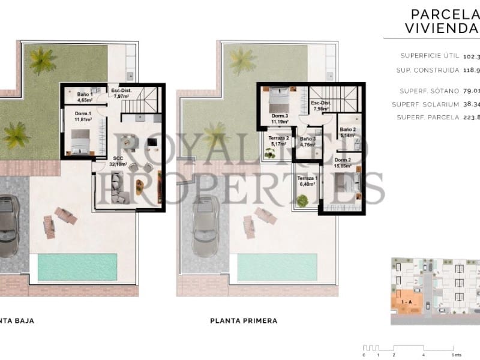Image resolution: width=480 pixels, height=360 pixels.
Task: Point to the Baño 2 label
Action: click(348, 133)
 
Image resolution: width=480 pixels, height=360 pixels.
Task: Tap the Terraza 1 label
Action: click(307, 181)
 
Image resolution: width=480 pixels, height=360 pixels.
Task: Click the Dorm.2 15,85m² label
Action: click(343, 163)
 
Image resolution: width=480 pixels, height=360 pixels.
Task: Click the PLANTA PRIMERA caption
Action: click(244, 321)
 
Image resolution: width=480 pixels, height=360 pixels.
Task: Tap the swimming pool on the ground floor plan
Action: click(77, 267)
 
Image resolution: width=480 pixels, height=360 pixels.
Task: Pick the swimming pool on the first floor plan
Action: click(277, 267)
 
